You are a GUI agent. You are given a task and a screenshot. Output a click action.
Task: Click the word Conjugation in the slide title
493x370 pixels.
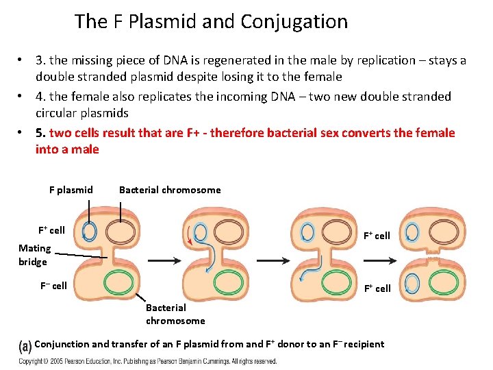point(294,22)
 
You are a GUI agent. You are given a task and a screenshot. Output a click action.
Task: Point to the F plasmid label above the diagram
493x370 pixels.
point(71,190)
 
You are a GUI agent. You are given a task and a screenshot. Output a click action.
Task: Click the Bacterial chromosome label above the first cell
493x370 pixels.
point(170,190)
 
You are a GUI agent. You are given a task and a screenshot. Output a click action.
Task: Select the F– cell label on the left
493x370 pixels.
point(51,286)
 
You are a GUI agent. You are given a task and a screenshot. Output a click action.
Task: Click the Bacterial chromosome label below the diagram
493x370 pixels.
point(175,314)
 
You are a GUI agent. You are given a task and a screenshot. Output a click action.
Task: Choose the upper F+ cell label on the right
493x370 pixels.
point(377,236)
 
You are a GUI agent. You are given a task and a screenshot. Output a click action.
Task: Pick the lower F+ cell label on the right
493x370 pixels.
point(377,288)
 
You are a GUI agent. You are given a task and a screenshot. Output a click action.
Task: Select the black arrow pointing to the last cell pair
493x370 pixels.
point(380,260)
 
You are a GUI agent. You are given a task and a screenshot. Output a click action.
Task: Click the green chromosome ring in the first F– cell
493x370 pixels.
point(121,283)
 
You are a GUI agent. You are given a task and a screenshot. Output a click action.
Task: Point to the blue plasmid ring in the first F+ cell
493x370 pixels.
point(88,232)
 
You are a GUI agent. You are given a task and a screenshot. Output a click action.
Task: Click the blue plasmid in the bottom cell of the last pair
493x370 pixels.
point(412,284)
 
